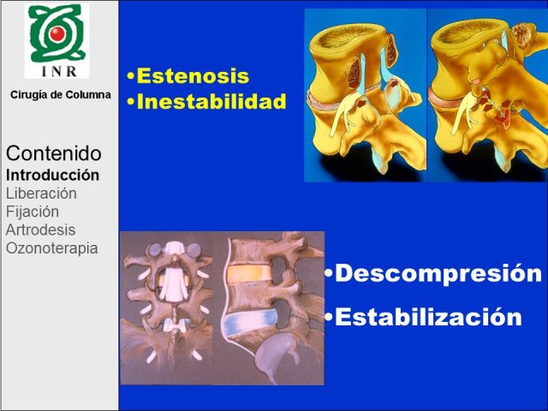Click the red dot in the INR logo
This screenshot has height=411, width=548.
pos(57,33)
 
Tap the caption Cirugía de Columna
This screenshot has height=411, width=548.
pos(61,95)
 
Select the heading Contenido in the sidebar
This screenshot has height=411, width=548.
pos(54,153)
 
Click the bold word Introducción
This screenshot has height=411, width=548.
pos(52,175)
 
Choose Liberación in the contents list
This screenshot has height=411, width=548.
pos(41,194)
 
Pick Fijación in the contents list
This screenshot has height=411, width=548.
pos(33,211)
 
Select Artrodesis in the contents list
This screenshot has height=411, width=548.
pos(40,230)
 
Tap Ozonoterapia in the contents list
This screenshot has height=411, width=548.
pos(51,248)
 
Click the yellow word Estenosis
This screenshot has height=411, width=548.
pos(193,76)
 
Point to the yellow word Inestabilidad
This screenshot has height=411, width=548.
pos(211,101)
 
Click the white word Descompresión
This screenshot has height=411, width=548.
pos(438,274)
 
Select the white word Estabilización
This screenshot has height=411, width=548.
pos(428,317)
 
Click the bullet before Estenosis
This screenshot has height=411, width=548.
pos(131,76)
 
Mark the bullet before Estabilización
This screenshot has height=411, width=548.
pos(329,317)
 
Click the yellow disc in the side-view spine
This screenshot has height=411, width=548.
pos(248,273)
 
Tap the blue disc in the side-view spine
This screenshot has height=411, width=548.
pos(250,322)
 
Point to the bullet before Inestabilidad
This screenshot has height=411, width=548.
pos(131,102)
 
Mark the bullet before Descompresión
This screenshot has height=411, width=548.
pos(329,274)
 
